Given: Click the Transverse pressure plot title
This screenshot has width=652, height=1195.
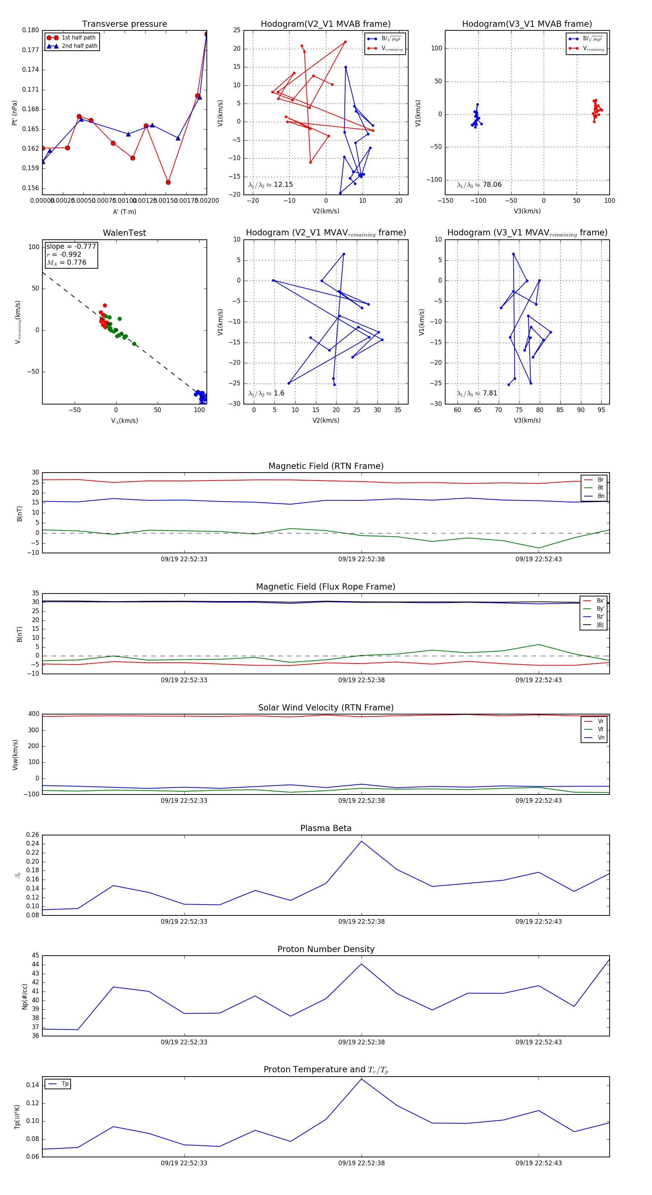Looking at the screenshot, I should click(124, 24).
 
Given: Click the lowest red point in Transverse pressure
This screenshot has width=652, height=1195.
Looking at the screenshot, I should click(168, 182).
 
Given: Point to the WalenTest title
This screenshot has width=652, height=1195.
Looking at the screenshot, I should click(124, 233).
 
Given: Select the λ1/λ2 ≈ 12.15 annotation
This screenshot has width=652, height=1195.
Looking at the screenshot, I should click(271, 185).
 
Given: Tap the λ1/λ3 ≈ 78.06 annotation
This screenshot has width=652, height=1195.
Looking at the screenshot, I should click(479, 185).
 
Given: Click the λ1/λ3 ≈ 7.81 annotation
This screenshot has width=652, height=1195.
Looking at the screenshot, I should click(477, 393).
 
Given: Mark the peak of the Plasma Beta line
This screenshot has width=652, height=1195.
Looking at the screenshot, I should click(361, 841).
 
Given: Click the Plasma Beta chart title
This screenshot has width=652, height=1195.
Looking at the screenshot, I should click(326, 828).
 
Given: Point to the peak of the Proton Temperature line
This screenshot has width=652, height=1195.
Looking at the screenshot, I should click(361, 1079).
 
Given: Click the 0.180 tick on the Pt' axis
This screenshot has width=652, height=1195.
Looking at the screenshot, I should click(31, 30).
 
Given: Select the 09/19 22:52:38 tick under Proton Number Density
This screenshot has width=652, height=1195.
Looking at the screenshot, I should click(361, 1042).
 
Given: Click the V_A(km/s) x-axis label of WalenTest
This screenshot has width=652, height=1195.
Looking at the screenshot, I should click(124, 421).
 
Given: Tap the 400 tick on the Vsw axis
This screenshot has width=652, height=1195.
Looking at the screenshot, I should click(33, 714).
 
